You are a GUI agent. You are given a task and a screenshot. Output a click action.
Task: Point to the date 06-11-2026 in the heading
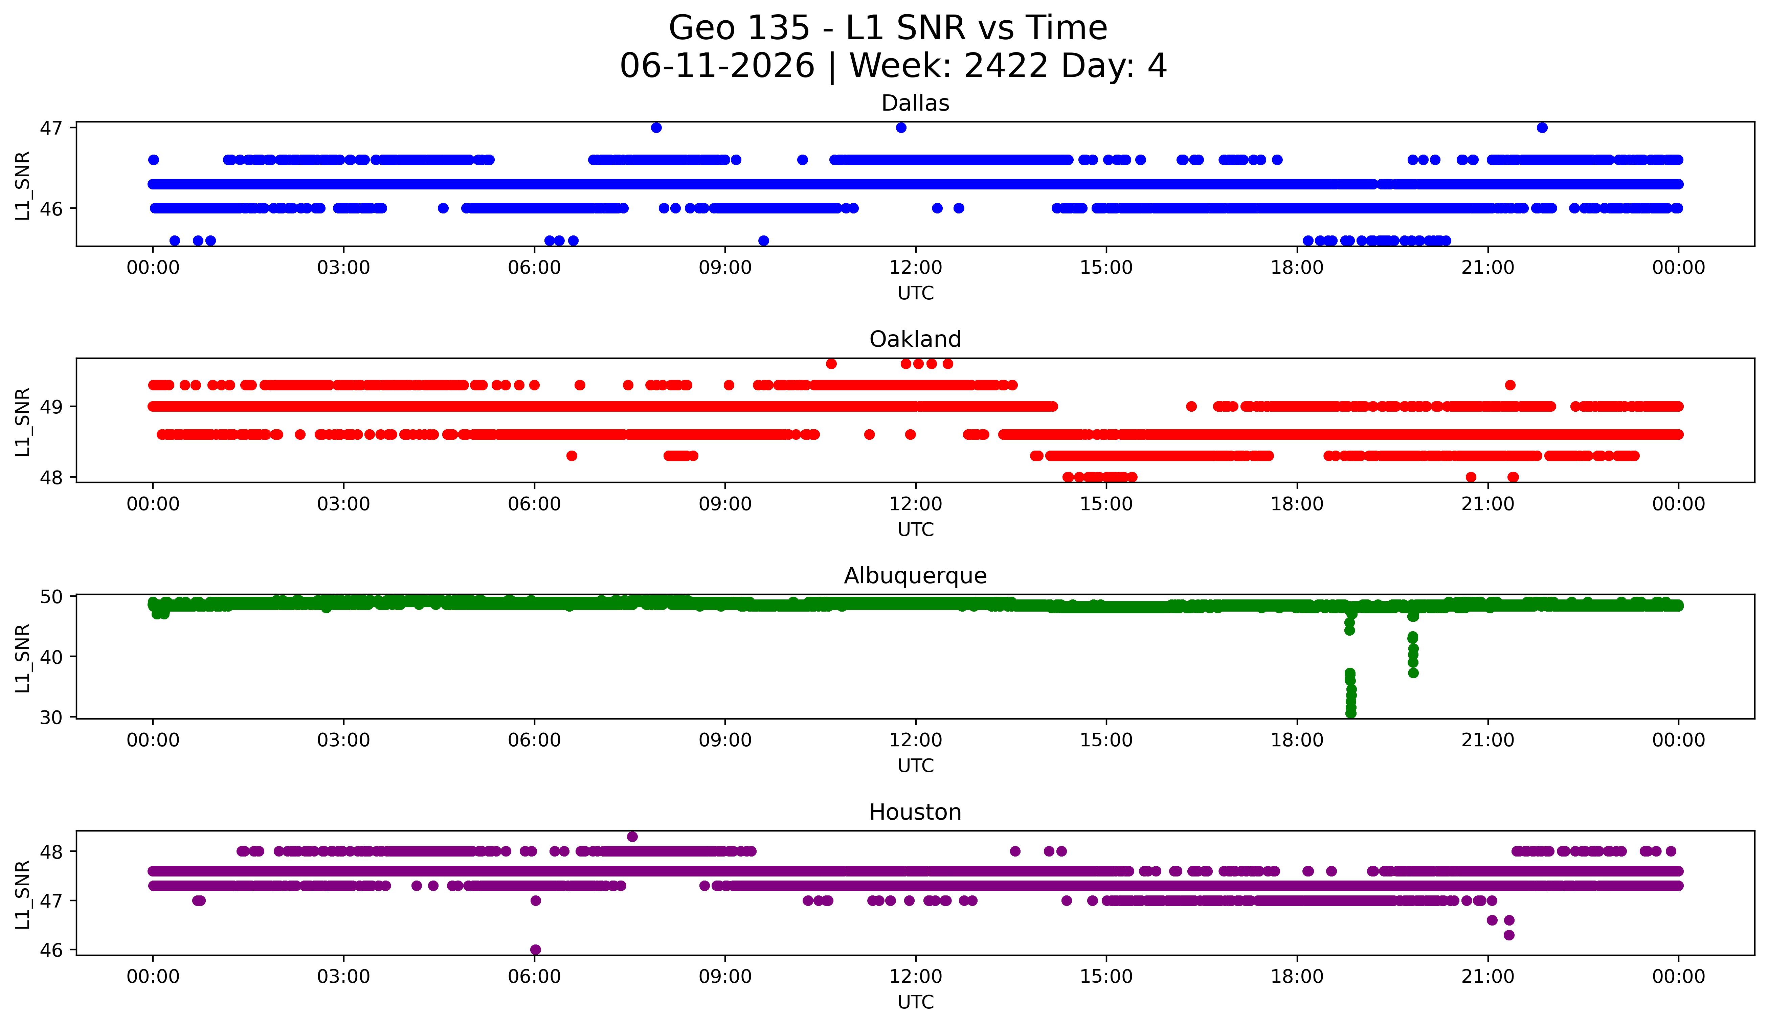pyautogui.click(x=717, y=66)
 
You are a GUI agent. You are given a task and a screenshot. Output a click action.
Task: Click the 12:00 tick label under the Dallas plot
pyautogui.click(x=916, y=267)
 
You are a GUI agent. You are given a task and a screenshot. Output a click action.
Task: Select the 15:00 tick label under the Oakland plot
pyautogui.click(x=1106, y=504)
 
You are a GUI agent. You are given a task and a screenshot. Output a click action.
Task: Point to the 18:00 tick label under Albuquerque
pyautogui.click(x=1297, y=740)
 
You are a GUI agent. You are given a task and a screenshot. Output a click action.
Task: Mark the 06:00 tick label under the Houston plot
pyautogui.click(x=535, y=976)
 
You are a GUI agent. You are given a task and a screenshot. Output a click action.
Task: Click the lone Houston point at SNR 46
pyautogui.click(x=535, y=950)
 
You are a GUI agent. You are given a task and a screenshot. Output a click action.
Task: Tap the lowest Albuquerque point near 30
pyautogui.click(x=1350, y=713)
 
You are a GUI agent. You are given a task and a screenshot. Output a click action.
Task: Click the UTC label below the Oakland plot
pyautogui.click(x=916, y=529)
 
